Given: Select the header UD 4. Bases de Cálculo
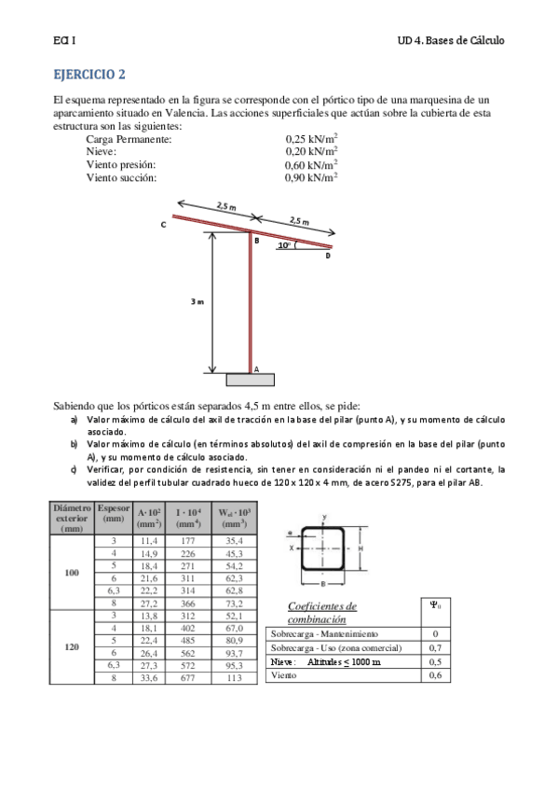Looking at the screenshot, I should click(x=450, y=41).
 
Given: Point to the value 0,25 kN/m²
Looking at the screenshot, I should click(x=311, y=139).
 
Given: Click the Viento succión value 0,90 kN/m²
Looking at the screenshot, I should click(x=311, y=176).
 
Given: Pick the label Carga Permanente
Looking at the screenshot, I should click(x=129, y=139).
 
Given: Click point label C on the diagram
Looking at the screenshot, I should click(x=163, y=225).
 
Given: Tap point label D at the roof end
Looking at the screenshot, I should click(x=328, y=256).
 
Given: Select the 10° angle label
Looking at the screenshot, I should click(x=284, y=246).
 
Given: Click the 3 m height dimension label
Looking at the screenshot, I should click(x=197, y=301).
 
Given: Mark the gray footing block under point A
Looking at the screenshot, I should click(x=251, y=380).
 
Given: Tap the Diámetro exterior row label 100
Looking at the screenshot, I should click(x=72, y=572).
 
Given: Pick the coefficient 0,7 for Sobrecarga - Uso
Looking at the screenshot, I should click(x=435, y=647).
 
